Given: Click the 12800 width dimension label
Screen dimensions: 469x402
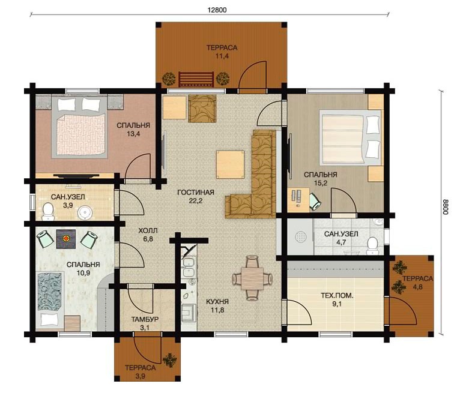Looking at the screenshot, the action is pyautogui.click(x=217, y=10).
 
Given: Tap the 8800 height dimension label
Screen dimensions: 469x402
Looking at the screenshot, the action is pyautogui.click(x=445, y=207).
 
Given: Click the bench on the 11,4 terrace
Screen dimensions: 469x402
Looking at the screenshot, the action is pyautogui.click(x=196, y=79).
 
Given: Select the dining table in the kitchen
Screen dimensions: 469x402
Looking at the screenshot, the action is pyautogui.click(x=252, y=278).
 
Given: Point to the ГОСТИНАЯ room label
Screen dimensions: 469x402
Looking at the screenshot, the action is pyautogui.click(x=196, y=193).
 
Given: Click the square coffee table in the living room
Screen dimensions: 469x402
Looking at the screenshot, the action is pyautogui.click(x=231, y=164).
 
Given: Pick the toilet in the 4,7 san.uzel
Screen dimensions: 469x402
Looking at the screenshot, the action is pyautogui.click(x=372, y=245).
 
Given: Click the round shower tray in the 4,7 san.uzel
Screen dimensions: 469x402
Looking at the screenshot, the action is pyautogui.click(x=301, y=237).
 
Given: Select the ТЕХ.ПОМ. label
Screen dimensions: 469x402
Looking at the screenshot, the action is pyautogui.click(x=337, y=296).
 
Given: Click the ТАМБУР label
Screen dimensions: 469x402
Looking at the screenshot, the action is pyautogui.click(x=145, y=319).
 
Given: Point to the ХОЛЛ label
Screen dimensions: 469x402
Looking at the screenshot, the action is pyautogui.click(x=148, y=231).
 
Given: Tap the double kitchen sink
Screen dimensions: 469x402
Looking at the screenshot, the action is pyautogui.click(x=189, y=267).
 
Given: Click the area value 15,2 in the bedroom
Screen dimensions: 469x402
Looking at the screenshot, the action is pyautogui.click(x=320, y=183).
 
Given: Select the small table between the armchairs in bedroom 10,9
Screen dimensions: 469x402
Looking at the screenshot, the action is pyautogui.click(x=66, y=239).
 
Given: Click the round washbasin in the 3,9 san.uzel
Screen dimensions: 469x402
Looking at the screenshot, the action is pyautogui.click(x=85, y=213).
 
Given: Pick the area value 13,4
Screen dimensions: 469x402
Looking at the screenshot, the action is pyautogui.click(x=133, y=134).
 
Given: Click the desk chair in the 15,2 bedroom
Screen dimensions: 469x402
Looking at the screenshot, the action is pyautogui.click(x=315, y=201).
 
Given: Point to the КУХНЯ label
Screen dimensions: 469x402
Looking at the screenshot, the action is pyautogui.click(x=217, y=302).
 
